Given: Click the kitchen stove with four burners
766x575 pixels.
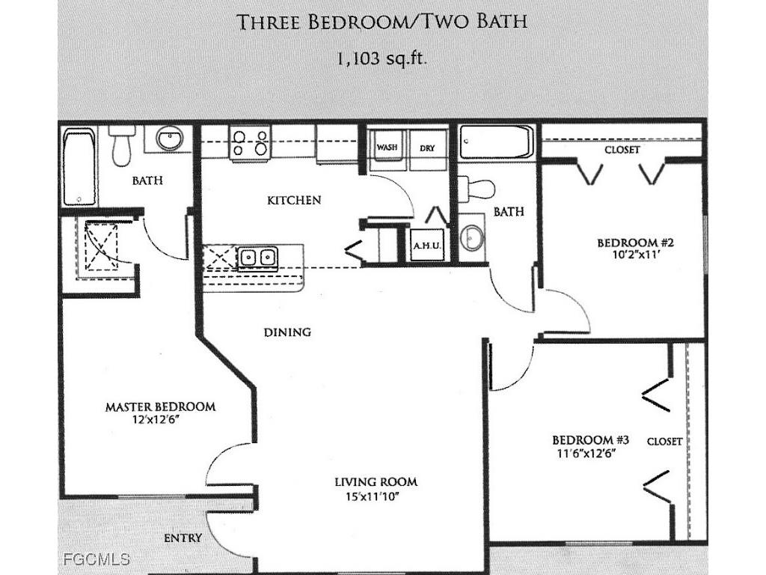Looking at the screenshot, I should (249, 142).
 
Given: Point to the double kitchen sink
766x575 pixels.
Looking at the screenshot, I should (258, 258).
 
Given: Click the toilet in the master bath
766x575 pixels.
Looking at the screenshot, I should (120, 147).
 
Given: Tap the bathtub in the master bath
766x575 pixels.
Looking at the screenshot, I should (79, 168).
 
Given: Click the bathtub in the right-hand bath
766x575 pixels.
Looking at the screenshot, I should (496, 142).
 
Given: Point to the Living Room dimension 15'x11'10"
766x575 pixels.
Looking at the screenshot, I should (376, 496).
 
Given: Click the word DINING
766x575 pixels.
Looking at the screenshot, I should (287, 332).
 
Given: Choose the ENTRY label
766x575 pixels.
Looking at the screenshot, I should (183, 538).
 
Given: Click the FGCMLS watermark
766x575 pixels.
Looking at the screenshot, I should (96, 559).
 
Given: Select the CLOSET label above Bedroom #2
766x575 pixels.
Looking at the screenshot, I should (622, 150).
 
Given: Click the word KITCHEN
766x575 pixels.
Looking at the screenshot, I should (294, 200).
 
